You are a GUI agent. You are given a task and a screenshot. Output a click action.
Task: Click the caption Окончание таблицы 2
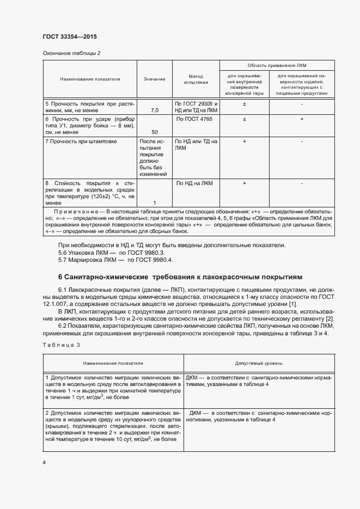(x=71, y=53)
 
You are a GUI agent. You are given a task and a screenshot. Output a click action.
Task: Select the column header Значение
(x=155, y=79)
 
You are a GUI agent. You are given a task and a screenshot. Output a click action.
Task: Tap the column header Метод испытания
(x=196, y=79)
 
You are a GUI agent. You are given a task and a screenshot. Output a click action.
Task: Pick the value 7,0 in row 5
(x=155, y=111)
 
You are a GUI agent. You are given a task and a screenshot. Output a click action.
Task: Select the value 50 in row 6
(x=155, y=132)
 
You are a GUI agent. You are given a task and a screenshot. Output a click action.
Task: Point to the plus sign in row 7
(x=245, y=141)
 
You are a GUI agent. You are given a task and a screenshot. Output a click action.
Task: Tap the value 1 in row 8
(x=155, y=203)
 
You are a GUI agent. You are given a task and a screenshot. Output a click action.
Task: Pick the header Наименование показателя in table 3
(x=113, y=362)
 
